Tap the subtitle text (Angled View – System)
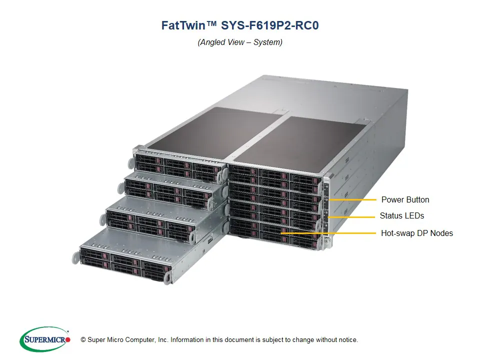[240, 42]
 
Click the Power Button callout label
[405, 199]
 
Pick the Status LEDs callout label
[401, 216]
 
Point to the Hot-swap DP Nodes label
[416, 233]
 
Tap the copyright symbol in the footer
[83, 340]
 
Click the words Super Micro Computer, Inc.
[127, 340]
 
